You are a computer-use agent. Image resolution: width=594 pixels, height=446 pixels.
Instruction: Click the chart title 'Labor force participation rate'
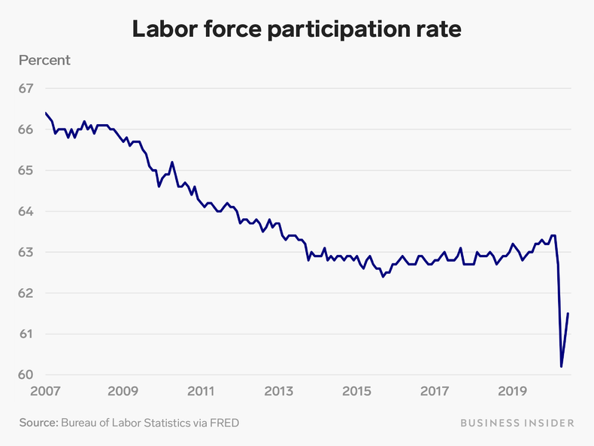(296, 30)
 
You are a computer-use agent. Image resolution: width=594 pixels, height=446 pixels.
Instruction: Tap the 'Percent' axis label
(44, 60)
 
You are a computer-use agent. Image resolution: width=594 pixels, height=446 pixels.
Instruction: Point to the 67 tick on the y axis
(26, 89)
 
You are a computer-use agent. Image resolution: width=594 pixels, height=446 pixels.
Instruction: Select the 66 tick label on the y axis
(26, 129)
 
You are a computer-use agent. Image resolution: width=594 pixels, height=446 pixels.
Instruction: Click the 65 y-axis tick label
(26, 171)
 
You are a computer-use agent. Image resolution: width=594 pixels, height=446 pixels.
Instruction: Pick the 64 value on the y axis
(26, 211)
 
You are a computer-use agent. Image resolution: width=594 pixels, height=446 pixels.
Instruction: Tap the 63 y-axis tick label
(26, 252)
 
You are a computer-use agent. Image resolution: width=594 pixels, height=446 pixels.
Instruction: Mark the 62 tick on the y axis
(26, 293)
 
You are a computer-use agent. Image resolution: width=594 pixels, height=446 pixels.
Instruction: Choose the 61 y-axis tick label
(26, 334)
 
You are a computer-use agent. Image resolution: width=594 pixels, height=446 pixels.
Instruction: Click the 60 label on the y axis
(26, 375)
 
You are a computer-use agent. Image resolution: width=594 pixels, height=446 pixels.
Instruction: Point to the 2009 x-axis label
(123, 391)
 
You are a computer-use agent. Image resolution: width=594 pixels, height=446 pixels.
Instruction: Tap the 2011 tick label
(201, 391)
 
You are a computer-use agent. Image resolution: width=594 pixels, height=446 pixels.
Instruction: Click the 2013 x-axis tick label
(279, 391)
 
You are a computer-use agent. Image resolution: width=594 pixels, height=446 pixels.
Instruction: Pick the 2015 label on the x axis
(356, 391)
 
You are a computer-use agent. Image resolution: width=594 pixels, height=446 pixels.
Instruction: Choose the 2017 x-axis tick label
(435, 391)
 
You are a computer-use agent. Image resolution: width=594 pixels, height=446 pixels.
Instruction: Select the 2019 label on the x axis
(513, 391)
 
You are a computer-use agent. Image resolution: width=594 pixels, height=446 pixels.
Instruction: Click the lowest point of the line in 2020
(561, 366)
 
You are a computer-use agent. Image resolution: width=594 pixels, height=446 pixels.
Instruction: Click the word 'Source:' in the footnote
(38, 423)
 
